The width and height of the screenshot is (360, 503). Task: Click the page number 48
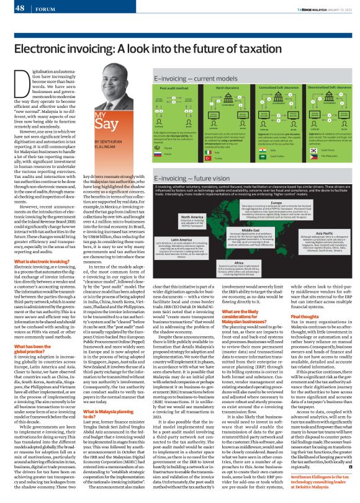[18, 9]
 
